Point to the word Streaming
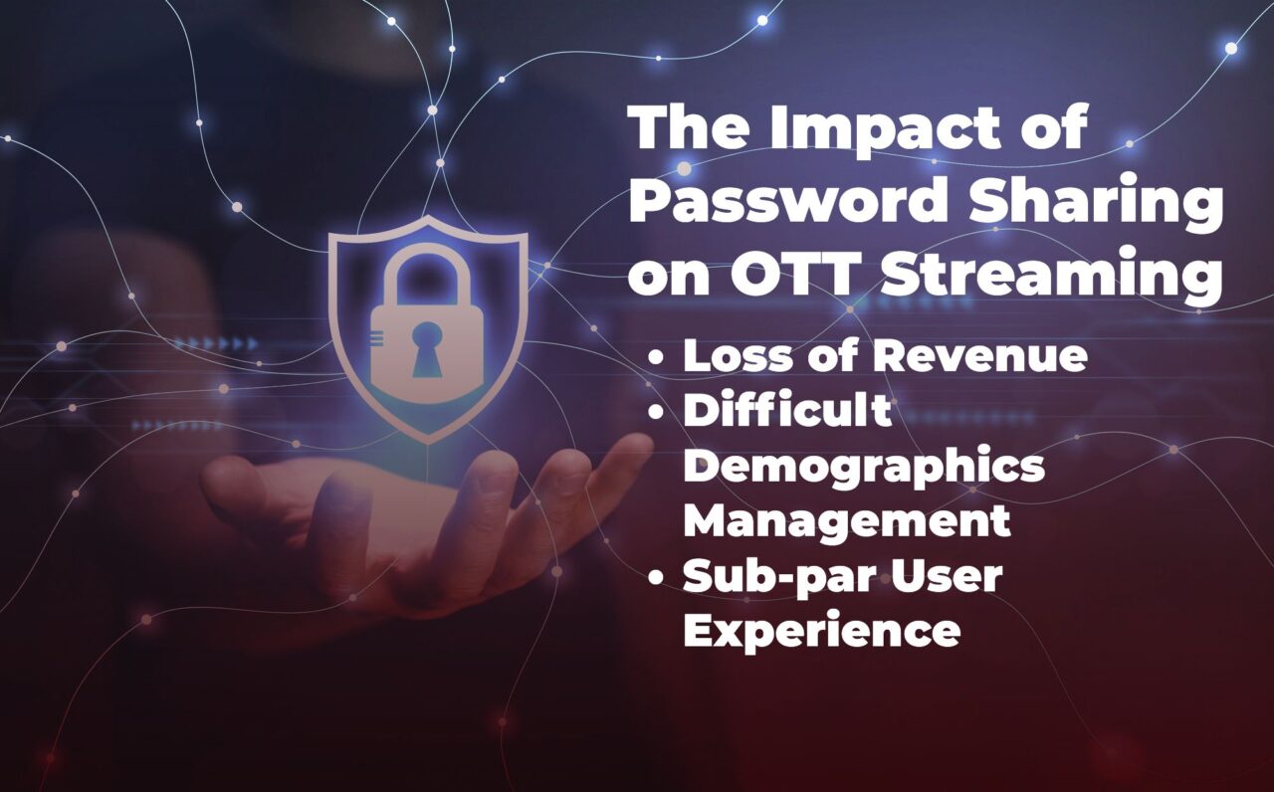1050,277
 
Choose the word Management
847,519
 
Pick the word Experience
822,632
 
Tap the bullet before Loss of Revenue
656,357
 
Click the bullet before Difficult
656,411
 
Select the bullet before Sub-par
656,578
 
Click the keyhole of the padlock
427,349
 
